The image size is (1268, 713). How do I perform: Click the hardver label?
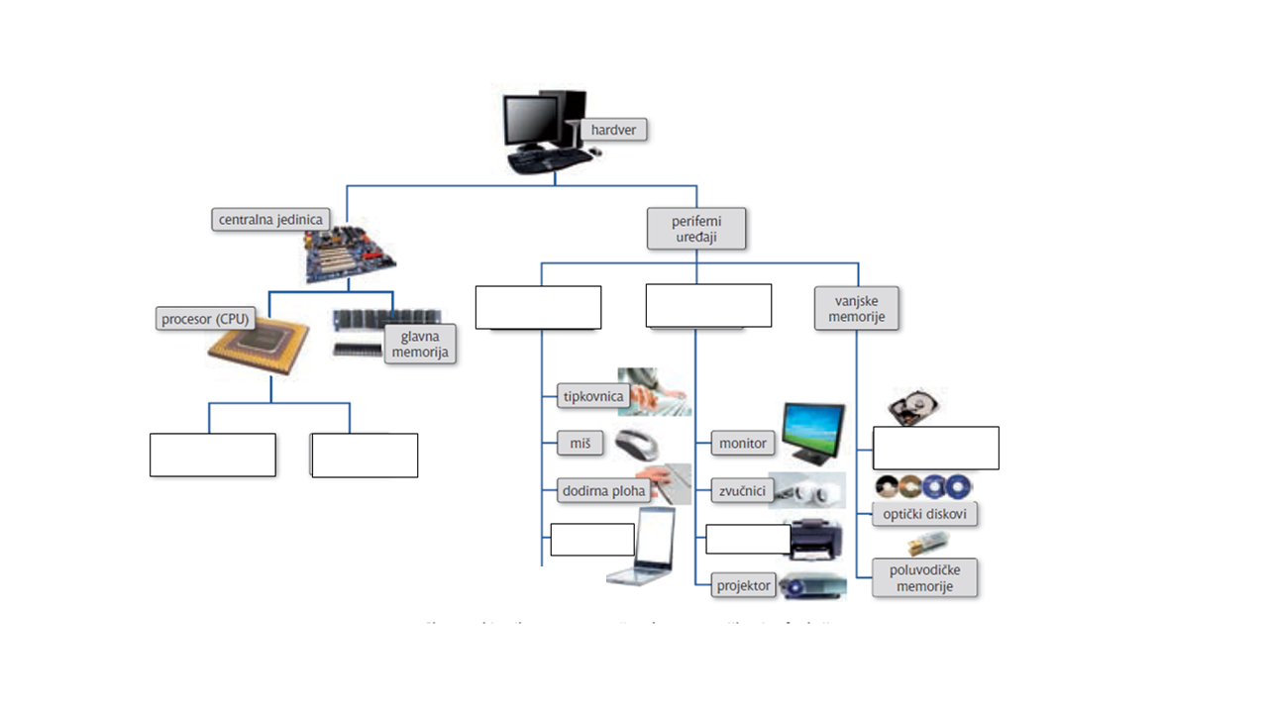click(614, 130)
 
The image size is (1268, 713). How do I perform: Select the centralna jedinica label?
click(269, 219)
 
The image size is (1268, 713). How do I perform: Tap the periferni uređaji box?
click(695, 228)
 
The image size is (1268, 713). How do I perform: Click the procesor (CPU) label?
click(206, 319)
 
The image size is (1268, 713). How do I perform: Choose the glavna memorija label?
click(420, 344)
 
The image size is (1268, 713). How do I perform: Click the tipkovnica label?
click(592, 396)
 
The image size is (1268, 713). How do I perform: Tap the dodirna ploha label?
click(603, 490)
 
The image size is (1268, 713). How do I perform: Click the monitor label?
click(742, 443)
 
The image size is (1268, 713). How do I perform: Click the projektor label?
click(743, 585)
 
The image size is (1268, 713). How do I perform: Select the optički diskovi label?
click(925, 514)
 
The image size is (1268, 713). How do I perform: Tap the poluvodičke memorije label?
click(924, 578)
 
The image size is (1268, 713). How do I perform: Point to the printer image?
click(815, 540)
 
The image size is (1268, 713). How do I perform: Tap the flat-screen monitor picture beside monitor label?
click(813, 433)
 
